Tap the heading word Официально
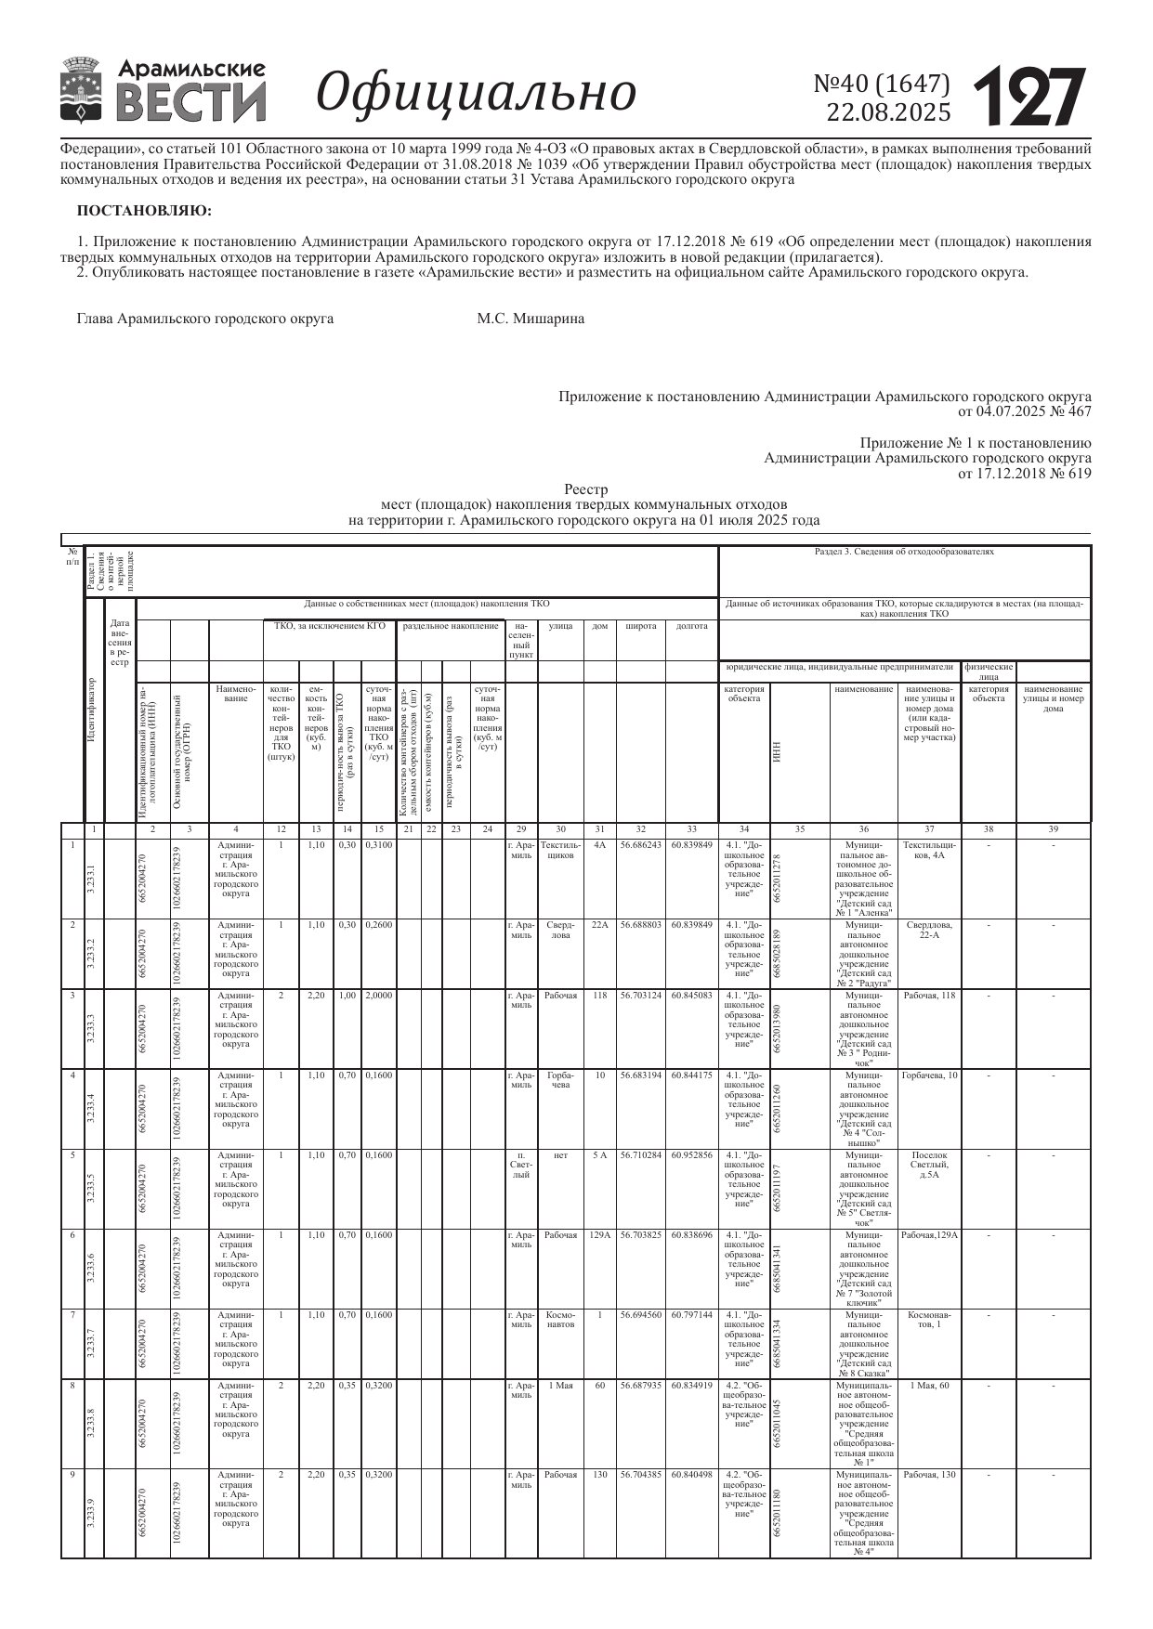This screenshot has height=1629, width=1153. (x=477, y=93)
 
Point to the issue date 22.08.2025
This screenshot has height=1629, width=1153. (x=888, y=112)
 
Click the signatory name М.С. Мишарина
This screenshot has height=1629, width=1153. (x=531, y=319)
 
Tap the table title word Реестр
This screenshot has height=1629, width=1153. (x=585, y=490)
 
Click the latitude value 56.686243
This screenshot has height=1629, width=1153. (x=640, y=845)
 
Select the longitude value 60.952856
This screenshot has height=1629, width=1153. (x=691, y=1155)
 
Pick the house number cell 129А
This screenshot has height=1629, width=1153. (x=600, y=1235)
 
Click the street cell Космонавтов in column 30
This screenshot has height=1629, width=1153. (x=560, y=1320)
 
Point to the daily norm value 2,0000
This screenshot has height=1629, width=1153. (x=378, y=996)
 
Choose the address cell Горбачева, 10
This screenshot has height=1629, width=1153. (x=928, y=1075)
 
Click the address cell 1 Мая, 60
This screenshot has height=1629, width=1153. (x=928, y=1386)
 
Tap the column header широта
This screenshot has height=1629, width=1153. (x=640, y=626)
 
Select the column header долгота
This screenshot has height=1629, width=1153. (x=691, y=626)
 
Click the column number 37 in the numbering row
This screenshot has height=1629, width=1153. (x=928, y=829)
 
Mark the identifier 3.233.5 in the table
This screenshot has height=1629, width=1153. (x=91, y=1189)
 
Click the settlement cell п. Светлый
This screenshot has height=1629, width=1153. (x=521, y=1165)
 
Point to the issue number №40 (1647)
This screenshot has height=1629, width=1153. (x=882, y=85)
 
